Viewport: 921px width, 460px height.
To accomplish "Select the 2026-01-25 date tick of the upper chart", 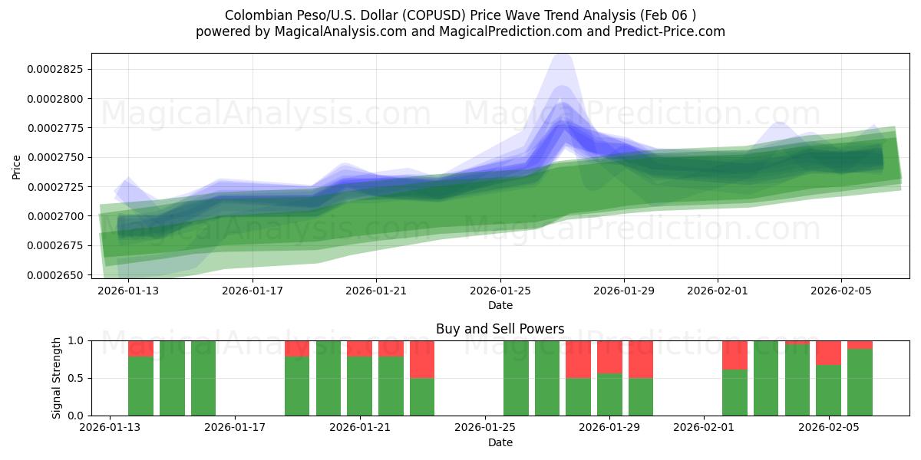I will click(500, 291).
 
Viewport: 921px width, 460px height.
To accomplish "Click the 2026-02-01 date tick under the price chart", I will click(718, 291).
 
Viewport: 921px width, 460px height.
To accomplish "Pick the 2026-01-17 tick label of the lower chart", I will click(235, 427).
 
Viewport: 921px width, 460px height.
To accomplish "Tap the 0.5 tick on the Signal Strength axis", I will click(77, 378).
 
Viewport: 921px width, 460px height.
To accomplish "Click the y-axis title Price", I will click(17, 166).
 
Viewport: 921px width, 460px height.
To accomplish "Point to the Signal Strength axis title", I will click(56, 378).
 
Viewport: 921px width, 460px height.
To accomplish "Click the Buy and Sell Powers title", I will click(500, 329).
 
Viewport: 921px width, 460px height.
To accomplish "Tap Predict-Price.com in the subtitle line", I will click(672, 31).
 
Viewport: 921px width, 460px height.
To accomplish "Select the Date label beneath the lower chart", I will click(500, 442).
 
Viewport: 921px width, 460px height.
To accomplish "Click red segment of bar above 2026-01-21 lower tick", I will click(359, 348).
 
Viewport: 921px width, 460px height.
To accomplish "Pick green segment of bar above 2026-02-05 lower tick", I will click(828, 390).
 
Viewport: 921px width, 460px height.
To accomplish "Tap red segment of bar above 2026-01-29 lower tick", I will click(609, 356).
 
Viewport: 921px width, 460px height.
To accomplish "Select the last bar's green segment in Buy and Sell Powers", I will click(860, 382).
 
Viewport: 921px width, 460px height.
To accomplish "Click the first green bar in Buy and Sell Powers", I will click(140, 386).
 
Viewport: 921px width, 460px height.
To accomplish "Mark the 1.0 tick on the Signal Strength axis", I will click(77, 340).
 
